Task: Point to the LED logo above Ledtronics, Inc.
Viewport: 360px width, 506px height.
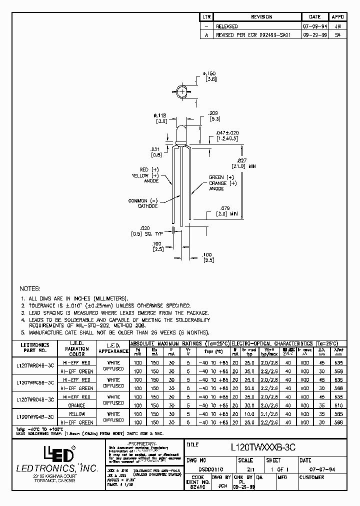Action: point(59,453)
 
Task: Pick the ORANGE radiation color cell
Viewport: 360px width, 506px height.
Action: point(77,405)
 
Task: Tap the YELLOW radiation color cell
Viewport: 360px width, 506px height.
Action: point(77,414)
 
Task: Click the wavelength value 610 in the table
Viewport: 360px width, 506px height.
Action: point(339,405)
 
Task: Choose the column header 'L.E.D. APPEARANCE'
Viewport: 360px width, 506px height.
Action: point(114,347)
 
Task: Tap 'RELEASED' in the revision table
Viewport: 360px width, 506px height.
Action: point(226,26)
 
